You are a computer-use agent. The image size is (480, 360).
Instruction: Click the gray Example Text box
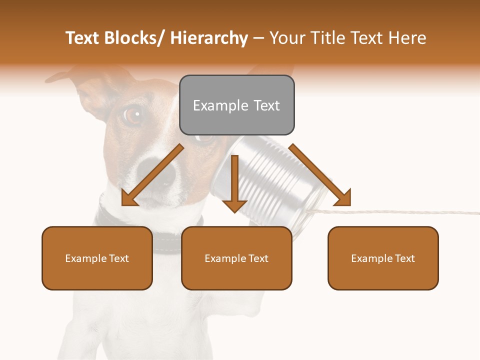(x=236, y=105)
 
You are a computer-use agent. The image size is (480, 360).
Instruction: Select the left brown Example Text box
(x=97, y=258)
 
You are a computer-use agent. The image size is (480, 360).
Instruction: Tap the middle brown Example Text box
(x=236, y=258)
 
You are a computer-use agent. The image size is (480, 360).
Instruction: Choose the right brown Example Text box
(x=383, y=258)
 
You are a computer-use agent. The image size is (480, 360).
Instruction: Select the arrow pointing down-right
(x=320, y=175)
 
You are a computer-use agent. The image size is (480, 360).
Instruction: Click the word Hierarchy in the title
(x=208, y=38)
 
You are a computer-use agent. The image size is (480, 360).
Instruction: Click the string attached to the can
(x=400, y=212)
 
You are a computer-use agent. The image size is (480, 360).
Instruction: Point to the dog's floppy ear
(x=75, y=80)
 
